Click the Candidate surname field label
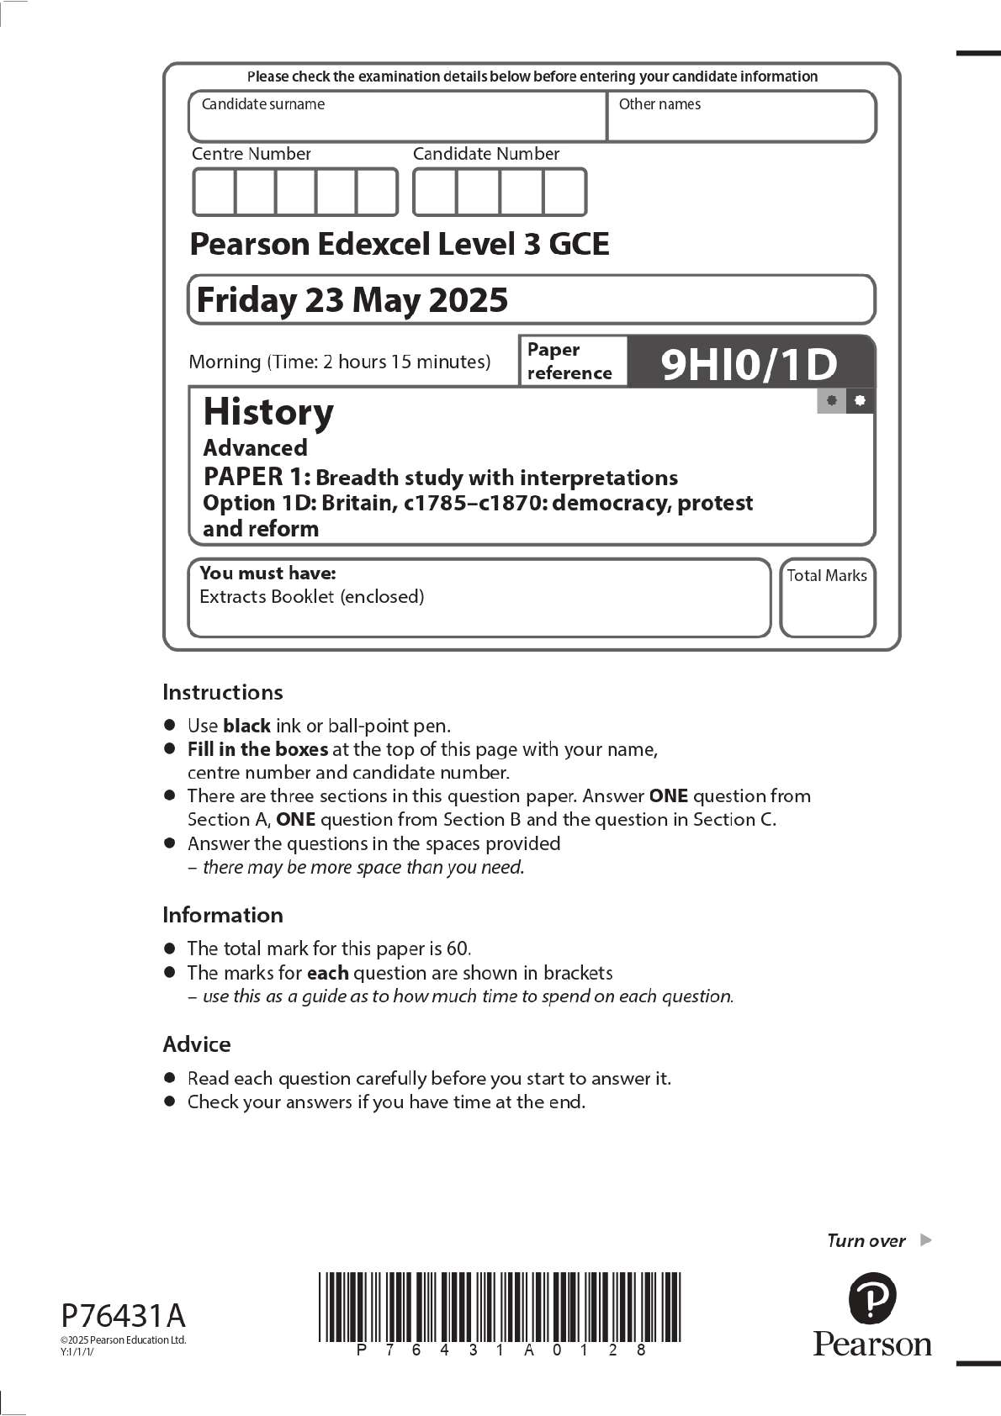[262, 104]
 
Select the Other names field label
[659, 104]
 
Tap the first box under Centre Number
[214, 193]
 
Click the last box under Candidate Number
[564, 193]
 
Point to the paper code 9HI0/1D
[749, 364]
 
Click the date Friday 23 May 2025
[352, 300]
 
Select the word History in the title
[268, 412]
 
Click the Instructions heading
[222, 692]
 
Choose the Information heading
[222, 915]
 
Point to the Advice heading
[196, 1044]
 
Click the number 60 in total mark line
[458, 948]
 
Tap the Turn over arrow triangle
[925, 1239]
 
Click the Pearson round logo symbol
[871, 1298]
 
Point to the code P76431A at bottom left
[123, 1315]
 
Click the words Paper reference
[569, 362]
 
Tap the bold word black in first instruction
[246, 726]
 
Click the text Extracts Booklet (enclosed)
[311, 597]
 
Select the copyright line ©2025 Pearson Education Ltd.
[123, 1340]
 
